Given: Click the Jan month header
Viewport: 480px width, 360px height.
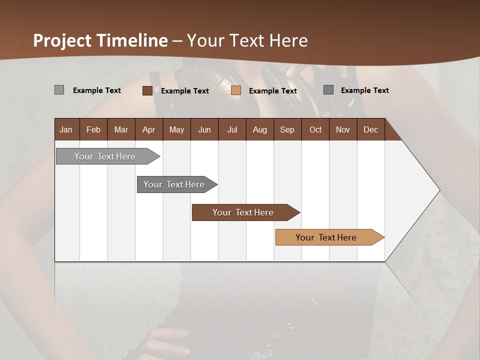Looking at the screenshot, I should [x=66, y=129].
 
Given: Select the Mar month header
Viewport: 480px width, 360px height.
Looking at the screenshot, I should [x=121, y=129].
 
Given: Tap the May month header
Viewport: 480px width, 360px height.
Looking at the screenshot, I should [x=176, y=129].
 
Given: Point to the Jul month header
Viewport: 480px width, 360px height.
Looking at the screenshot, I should [x=232, y=129].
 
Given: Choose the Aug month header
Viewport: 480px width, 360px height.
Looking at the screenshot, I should [x=259, y=129].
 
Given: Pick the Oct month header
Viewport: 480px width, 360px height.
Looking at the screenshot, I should [x=315, y=129].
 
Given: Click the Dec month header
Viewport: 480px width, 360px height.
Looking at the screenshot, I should [x=370, y=129].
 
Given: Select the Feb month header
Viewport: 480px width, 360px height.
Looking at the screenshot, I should [x=93, y=129].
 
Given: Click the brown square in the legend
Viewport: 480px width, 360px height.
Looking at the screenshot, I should [x=147, y=90].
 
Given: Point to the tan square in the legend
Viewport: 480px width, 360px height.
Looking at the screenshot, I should [x=236, y=90].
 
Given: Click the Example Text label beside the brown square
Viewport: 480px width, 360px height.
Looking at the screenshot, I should [x=185, y=91].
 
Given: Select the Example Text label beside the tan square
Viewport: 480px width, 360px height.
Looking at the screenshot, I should [x=273, y=91].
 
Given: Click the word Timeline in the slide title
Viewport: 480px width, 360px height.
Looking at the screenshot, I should [x=132, y=40].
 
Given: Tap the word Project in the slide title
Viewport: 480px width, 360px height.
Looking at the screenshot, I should [x=62, y=40].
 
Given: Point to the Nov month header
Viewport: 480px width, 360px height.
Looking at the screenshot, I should [x=343, y=129].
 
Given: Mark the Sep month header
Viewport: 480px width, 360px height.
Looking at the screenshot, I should [x=287, y=129].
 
